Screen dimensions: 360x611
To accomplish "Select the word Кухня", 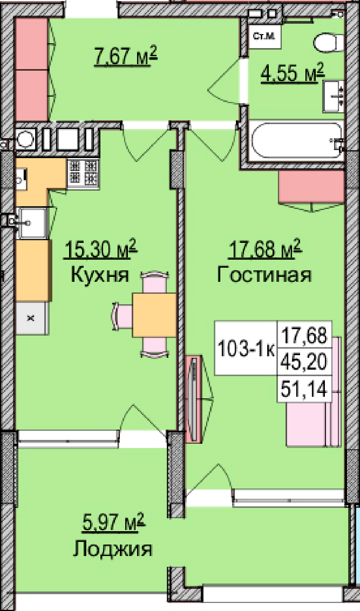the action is (100, 275).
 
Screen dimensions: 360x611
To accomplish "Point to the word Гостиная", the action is (264, 274).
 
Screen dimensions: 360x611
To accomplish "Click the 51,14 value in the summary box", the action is (304, 389).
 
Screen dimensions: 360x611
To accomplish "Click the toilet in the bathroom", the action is (329, 42).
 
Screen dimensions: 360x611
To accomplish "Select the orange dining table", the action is (154, 315).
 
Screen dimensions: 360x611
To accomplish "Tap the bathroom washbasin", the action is (333, 97).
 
